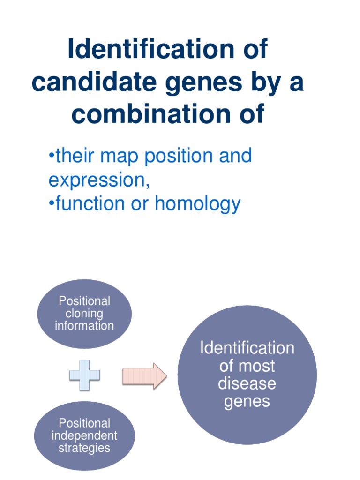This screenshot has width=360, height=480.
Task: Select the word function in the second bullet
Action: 90,203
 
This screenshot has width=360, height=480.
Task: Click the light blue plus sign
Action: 85,375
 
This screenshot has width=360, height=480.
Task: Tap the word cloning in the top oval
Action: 84,313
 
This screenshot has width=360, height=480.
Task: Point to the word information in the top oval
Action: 84,325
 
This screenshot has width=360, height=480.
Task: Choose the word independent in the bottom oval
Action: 84,435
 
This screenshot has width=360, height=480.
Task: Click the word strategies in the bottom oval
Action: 84,448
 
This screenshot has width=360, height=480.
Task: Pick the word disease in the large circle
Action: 247,383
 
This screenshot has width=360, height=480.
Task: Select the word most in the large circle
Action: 257,366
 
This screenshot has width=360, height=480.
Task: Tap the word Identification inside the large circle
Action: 247,348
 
